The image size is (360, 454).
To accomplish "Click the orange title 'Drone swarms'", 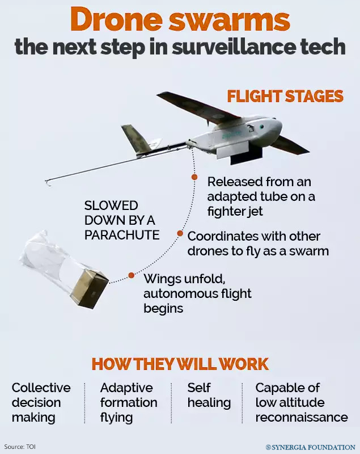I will pyautogui.click(x=180, y=20).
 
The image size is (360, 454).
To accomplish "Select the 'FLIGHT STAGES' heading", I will pyautogui.click(x=285, y=96).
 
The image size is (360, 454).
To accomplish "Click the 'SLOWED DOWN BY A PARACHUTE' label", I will pyautogui.click(x=122, y=220).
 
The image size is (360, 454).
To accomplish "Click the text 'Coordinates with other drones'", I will pyautogui.click(x=258, y=243).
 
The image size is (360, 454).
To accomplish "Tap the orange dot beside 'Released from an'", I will pyautogui.click(x=194, y=177).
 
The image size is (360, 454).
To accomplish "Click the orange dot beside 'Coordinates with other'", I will pyautogui.click(x=180, y=233).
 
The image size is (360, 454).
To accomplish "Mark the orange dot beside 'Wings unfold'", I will pyautogui.click(x=131, y=275).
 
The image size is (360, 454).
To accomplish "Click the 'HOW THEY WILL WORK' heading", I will pyautogui.click(x=180, y=364).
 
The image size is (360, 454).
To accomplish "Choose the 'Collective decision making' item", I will pyautogui.click(x=41, y=402).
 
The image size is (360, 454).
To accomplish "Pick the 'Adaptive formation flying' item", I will pyautogui.click(x=129, y=402).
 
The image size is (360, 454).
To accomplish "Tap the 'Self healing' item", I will pyautogui.click(x=209, y=396).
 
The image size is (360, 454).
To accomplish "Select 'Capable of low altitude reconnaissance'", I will pyautogui.click(x=301, y=402).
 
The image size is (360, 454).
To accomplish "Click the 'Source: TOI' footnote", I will pyautogui.click(x=20, y=447).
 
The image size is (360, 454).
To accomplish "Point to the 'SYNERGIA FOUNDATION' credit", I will pyautogui.click(x=311, y=447).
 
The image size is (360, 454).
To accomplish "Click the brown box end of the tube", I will pyautogui.click(x=92, y=288).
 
